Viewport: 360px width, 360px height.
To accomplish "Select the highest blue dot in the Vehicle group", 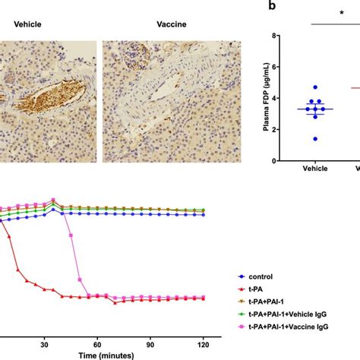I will coord(315,87).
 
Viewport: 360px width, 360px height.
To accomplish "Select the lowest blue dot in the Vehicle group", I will coord(315,138).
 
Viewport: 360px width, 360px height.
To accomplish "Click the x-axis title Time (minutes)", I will coord(106,354).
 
